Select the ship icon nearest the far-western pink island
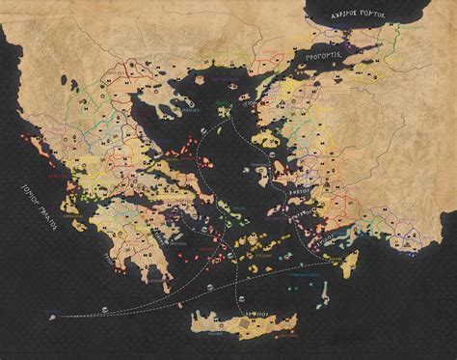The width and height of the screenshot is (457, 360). pos(102,310)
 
